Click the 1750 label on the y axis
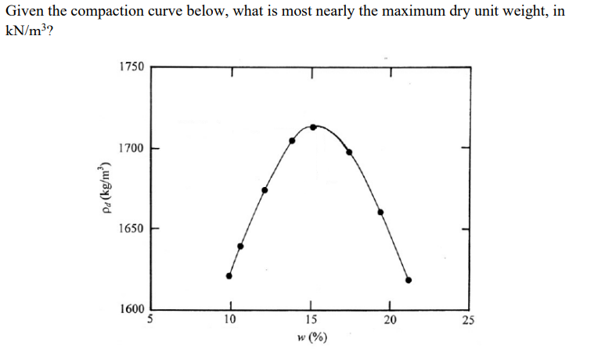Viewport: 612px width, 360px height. click(131, 67)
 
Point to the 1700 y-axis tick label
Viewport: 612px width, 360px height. click(131, 148)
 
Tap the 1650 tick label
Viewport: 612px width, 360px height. click(131, 229)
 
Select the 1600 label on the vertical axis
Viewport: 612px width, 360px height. click(131, 308)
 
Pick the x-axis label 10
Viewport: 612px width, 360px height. click(229, 319)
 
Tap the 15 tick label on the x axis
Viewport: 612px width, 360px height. click(311, 319)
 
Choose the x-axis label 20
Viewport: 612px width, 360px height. click(390, 319)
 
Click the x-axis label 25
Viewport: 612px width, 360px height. click(468, 319)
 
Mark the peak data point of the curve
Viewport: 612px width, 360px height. click(313, 127)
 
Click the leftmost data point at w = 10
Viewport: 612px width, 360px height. click(229, 275)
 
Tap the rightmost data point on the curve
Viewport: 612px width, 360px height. click(409, 279)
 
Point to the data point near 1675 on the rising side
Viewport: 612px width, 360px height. click(265, 189)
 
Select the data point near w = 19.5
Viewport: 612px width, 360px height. click(381, 212)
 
